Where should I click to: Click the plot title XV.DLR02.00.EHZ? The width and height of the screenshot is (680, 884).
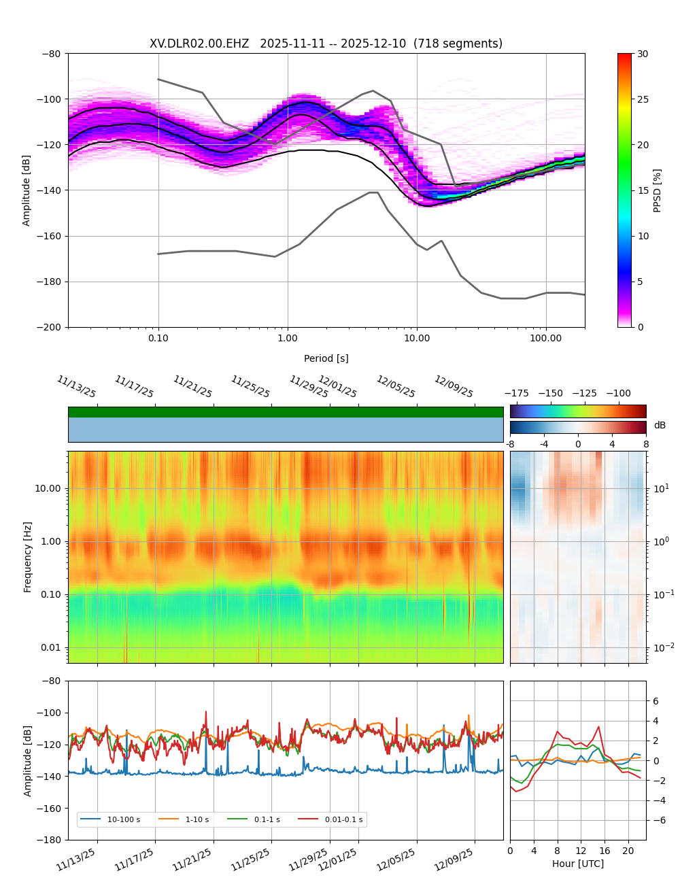click(199, 44)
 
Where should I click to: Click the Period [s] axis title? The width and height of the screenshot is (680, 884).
click(326, 358)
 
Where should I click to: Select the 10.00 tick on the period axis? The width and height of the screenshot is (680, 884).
click(417, 338)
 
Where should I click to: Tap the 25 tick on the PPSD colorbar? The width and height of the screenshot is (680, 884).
click(643, 99)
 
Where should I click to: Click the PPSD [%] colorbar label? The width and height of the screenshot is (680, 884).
click(658, 190)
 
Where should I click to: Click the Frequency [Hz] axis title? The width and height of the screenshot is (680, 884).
click(28, 557)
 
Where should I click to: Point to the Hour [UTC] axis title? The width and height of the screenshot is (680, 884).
click(577, 864)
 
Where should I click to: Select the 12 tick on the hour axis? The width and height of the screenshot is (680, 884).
click(581, 851)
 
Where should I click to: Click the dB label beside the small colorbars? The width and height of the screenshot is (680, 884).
click(660, 426)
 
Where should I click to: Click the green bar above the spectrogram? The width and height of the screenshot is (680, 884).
click(286, 412)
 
